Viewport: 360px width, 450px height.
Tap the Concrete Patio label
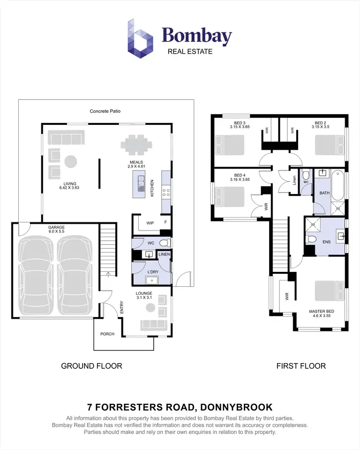pyautogui.click(x=105, y=111)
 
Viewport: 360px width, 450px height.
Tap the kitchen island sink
pyautogui.click(x=140, y=183)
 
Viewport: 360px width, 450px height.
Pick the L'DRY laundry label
pyautogui.click(x=153, y=271)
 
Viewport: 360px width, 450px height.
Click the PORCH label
pyautogui.click(x=107, y=334)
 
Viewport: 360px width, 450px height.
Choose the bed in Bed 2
pyautogui.click(x=329, y=144)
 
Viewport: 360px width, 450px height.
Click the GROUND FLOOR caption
pyautogui.click(x=91, y=366)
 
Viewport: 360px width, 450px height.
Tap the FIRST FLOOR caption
pyautogui.click(x=301, y=366)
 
